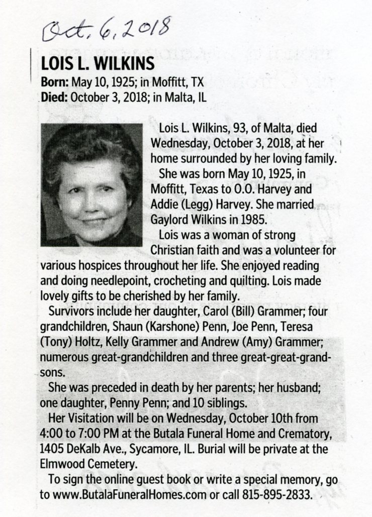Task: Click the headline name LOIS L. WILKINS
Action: pyautogui.click(x=97, y=65)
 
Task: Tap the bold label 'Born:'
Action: pyautogui.click(x=55, y=82)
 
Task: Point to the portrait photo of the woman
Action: pyautogui.click(x=91, y=185)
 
